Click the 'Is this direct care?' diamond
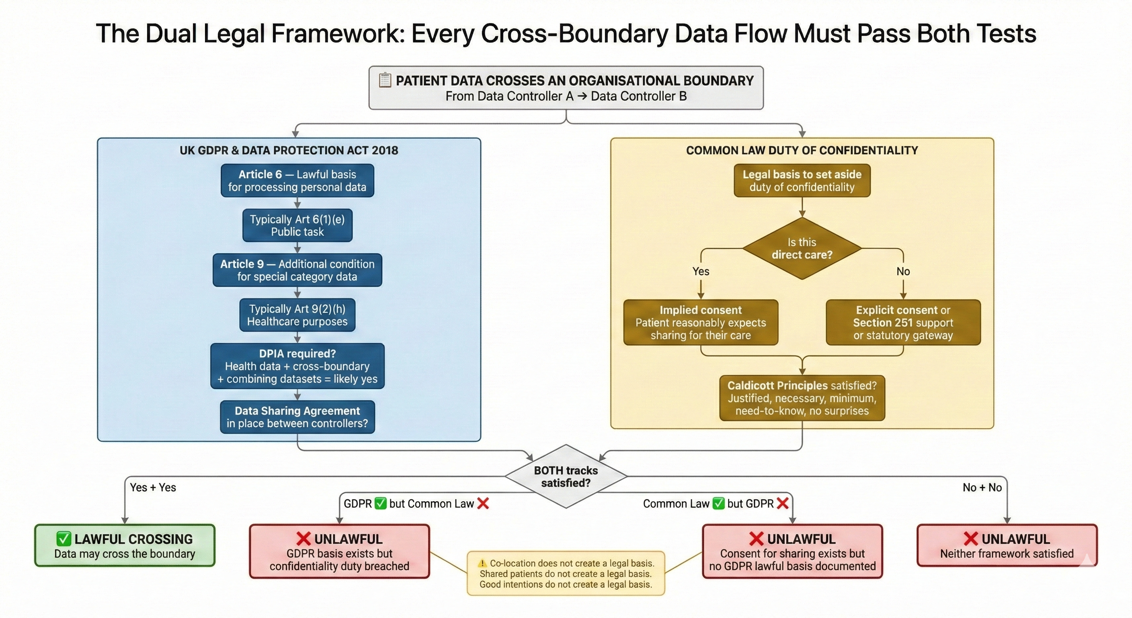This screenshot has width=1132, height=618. point(802,249)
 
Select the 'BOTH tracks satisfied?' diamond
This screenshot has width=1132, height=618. point(566,476)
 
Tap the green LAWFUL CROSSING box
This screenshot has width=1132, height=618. point(125,546)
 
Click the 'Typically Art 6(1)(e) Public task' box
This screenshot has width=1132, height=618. point(297,225)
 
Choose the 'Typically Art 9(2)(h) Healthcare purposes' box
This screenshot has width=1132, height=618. point(297,315)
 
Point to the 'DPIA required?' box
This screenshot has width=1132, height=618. point(297,366)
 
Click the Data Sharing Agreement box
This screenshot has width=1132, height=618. point(297,417)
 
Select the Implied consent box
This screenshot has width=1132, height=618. point(701,322)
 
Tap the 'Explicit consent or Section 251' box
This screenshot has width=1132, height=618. point(903,322)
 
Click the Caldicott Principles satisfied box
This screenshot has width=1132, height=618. point(802,398)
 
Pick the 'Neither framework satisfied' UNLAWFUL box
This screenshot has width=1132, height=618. point(1007,546)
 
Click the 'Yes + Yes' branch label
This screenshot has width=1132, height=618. point(153,487)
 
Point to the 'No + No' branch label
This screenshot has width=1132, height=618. point(982,487)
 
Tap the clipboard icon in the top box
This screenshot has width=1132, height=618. point(385,80)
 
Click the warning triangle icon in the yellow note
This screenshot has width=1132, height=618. point(482,563)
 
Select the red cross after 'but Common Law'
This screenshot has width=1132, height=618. point(483,504)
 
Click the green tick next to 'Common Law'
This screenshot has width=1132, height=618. point(718,504)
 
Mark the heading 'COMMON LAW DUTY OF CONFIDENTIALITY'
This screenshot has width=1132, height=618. point(802,150)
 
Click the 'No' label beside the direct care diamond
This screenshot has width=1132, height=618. point(903,272)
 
